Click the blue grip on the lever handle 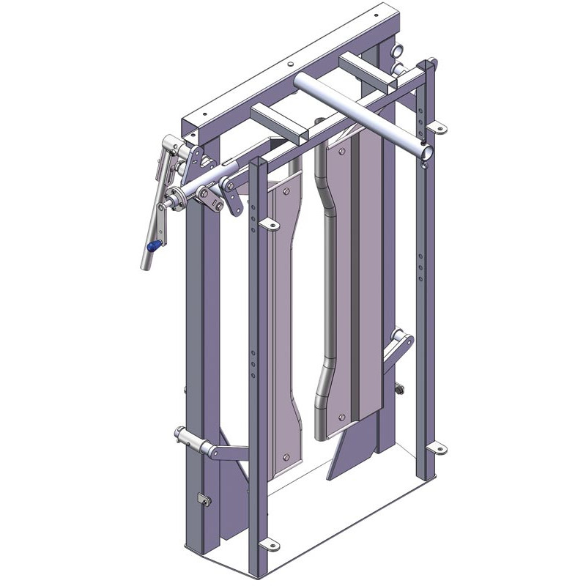pos(152,247)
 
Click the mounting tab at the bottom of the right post pos(435,445)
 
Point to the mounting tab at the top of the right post pos(438,128)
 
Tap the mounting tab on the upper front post pos(270,224)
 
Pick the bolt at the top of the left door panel pos(285,190)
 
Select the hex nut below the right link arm pos(401,389)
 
